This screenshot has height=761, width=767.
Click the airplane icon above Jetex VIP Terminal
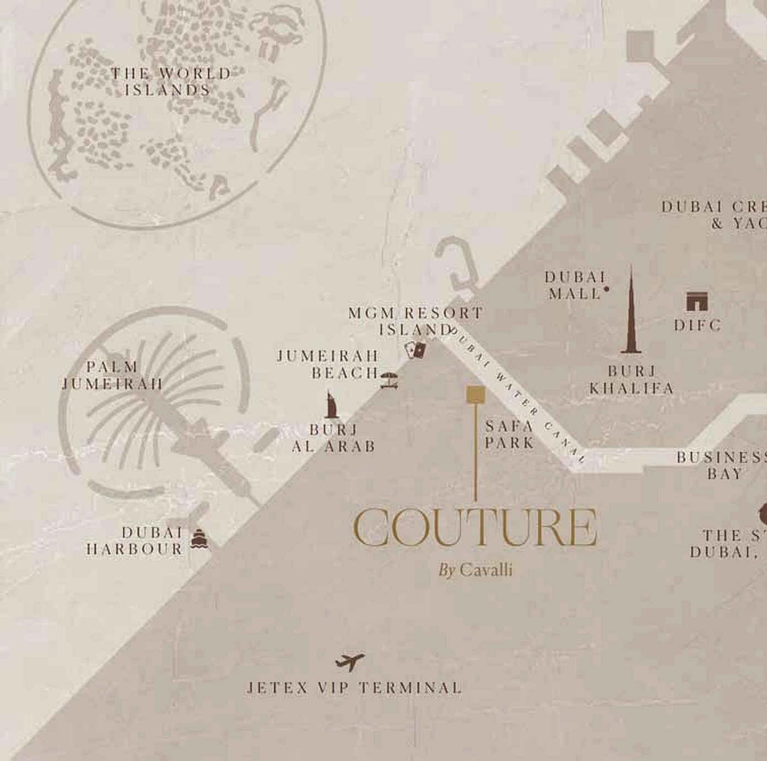[x=350, y=661]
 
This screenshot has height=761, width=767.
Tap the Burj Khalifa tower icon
[x=631, y=314]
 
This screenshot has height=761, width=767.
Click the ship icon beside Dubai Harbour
[x=199, y=539]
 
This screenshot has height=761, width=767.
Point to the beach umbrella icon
[x=389, y=380]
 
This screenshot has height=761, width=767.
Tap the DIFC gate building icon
[x=697, y=301]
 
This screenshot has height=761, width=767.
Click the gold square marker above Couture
[x=476, y=394]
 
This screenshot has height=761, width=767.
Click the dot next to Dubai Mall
[x=607, y=288]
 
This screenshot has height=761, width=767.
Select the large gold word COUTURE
[x=475, y=527]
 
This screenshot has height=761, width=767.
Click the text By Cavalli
[x=475, y=569]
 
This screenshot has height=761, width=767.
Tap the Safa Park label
[x=510, y=434]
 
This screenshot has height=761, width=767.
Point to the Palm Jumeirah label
[x=112, y=375]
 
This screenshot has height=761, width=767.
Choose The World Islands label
[x=170, y=82]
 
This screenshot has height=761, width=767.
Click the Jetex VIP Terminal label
[x=354, y=688]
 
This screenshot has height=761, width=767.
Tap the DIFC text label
[x=698, y=325]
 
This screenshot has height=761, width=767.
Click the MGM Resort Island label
[x=415, y=321]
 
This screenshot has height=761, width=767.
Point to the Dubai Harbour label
[x=136, y=541]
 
